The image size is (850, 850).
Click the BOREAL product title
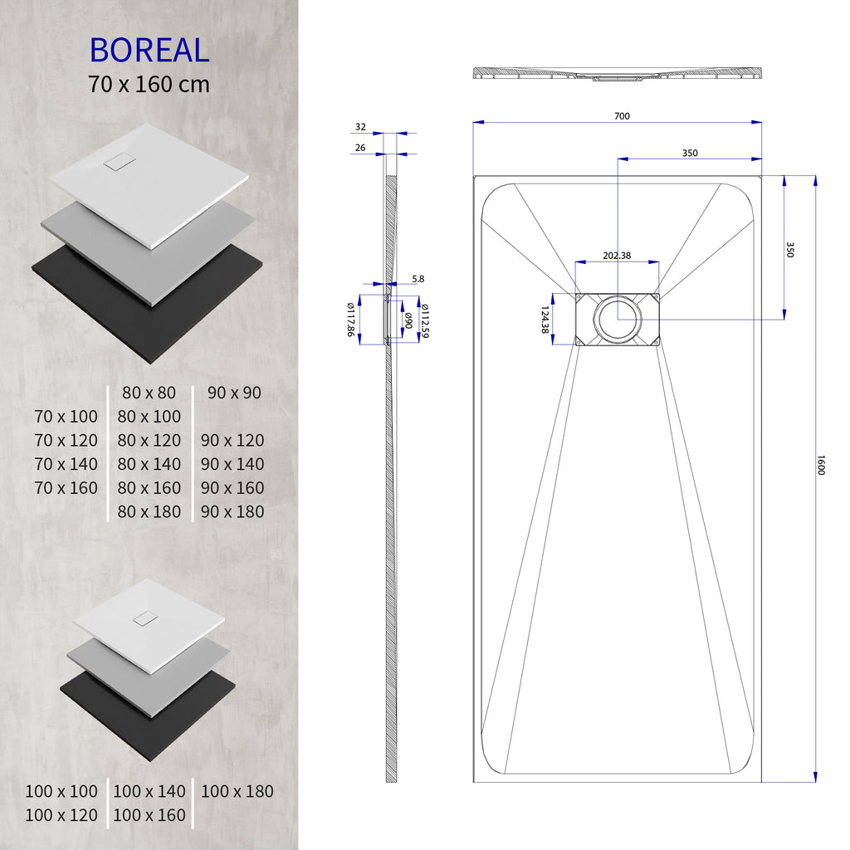(149, 51)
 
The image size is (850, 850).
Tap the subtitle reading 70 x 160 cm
(149, 84)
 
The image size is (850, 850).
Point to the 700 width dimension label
(622, 116)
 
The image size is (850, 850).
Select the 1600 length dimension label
(821, 466)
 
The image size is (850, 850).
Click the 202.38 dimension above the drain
(616, 256)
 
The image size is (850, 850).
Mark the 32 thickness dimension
(360, 127)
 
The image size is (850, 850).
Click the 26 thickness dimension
(360, 148)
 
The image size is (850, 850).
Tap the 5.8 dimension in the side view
(418, 280)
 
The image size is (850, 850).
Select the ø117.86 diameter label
(351, 320)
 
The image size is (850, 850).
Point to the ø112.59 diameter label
(424, 320)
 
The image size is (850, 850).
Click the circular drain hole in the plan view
(617, 320)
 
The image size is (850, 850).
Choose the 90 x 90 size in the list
(234, 393)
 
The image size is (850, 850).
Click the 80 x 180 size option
(149, 512)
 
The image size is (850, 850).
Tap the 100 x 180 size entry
(237, 792)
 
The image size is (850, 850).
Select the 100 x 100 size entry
(61, 792)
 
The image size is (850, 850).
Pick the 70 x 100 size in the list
(66, 417)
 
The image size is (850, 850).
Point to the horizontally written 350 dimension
(690, 153)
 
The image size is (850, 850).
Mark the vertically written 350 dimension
(789, 250)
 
